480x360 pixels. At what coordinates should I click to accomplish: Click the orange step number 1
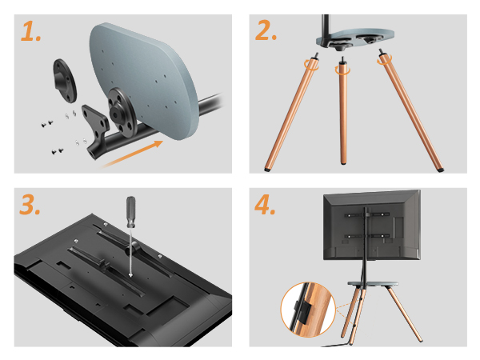tap(31, 31)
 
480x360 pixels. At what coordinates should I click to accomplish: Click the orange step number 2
tap(266, 30)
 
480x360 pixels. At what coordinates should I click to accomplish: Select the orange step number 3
tap(30, 204)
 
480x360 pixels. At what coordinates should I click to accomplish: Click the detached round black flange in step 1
tap(65, 81)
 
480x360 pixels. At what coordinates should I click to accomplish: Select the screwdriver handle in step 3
tap(131, 212)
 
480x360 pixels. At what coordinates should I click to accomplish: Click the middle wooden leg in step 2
tap(343, 111)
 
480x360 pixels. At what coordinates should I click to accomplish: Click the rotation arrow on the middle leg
tap(342, 70)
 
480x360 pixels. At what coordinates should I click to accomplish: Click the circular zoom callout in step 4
tap(308, 310)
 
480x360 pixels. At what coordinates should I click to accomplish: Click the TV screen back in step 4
tap(372, 225)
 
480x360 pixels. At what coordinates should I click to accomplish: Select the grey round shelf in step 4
tap(373, 284)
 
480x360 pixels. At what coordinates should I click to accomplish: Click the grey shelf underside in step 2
tap(355, 38)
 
